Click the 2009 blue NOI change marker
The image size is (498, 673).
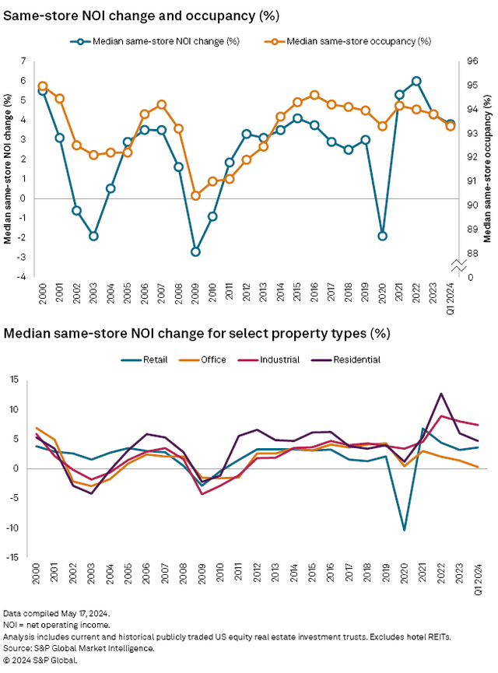pyautogui.click(x=195, y=251)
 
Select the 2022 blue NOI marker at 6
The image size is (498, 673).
pyautogui.click(x=416, y=81)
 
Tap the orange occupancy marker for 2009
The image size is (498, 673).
pyautogui.click(x=195, y=195)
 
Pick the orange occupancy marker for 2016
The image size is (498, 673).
pyautogui.click(x=314, y=95)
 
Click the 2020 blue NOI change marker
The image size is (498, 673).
pyautogui.click(x=382, y=236)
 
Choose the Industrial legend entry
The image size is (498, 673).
pyautogui.click(x=282, y=359)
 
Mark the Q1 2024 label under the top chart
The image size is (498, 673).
pyautogui.click(x=451, y=296)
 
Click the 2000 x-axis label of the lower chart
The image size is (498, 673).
pyautogui.click(x=37, y=576)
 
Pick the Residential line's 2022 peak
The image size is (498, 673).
pyautogui.click(x=442, y=394)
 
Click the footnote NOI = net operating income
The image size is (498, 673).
pyautogui.click(x=56, y=625)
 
